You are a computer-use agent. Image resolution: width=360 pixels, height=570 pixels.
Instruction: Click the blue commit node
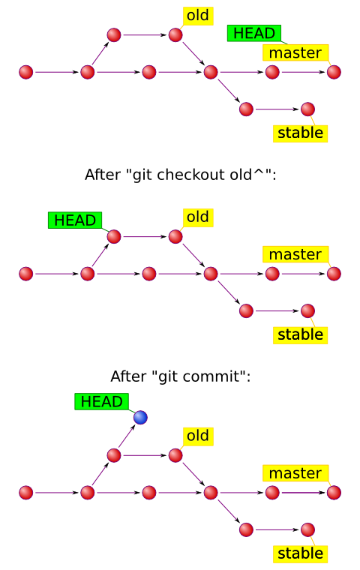pos(140,417)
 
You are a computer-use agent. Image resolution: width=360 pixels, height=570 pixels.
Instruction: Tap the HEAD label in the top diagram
pos(254,34)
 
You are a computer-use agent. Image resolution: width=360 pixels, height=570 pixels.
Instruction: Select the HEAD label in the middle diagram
pos(75,220)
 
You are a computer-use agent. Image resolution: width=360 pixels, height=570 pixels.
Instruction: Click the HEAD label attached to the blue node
pos(102,402)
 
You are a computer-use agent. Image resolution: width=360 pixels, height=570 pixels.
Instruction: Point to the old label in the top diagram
pos(198,16)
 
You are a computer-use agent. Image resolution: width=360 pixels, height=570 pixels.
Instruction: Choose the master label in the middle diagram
pos(295,254)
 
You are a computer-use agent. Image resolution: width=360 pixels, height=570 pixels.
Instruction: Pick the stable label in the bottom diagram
pos(300,553)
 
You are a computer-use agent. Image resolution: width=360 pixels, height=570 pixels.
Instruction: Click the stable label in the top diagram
pos(300,133)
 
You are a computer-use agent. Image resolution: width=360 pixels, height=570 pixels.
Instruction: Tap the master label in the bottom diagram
pos(295,473)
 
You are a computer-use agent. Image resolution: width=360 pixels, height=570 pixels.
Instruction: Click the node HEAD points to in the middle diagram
pos(114,237)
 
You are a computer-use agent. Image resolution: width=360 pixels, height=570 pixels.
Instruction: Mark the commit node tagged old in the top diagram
pos(175,35)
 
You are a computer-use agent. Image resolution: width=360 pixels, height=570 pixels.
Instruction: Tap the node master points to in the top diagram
pos(334,72)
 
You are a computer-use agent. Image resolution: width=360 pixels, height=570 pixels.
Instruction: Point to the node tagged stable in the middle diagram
pos(307,310)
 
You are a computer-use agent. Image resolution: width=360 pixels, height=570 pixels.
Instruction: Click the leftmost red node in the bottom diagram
pos(25,493)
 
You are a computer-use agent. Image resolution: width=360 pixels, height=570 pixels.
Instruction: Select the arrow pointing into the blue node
pos(127,436)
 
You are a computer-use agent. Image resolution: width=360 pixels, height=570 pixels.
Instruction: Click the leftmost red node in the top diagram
pos(25,72)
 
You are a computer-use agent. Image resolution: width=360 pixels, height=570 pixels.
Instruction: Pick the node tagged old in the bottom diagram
pos(175,455)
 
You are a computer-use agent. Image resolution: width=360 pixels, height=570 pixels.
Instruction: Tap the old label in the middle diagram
pos(198,217)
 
